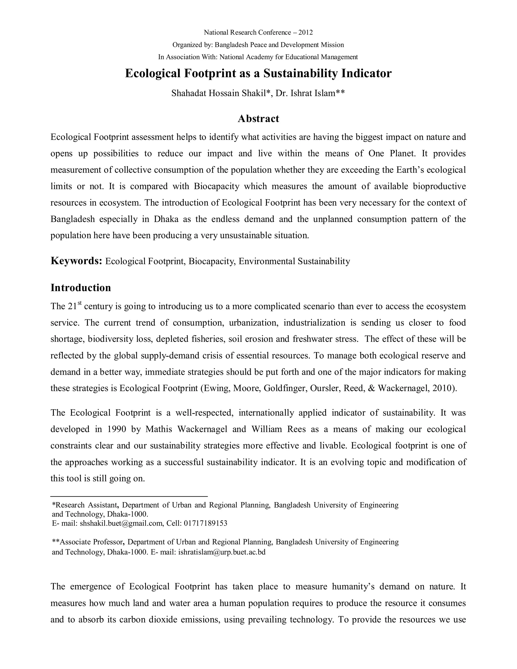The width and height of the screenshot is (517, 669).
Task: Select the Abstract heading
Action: tap(258, 119)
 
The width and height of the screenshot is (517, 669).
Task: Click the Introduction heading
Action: tap(81, 288)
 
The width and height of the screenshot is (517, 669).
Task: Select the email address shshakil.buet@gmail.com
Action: tap(121, 523)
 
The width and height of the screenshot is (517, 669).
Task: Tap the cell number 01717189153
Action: tap(205, 523)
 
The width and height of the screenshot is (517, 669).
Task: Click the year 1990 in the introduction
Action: tap(117, 429)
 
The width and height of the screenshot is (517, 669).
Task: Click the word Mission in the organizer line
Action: tap(332, 45)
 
